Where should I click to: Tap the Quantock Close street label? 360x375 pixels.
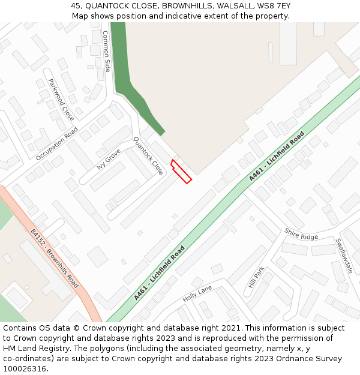[x=148, y=155]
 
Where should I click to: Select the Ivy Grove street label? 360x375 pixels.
[x=109, y=159]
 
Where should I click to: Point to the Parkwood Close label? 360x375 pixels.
[x=61, y=99]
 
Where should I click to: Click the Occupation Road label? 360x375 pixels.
[x=57, y=144]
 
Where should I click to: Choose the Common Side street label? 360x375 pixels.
[x=107, y=51]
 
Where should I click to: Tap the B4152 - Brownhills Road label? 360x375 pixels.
[x=55, y=259]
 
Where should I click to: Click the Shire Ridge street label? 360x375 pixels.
[x=301, y=234]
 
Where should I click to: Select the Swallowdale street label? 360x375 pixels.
[x=344, y=256]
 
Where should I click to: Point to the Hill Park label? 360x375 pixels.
[x=256, y=277]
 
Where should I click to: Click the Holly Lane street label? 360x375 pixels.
[x=197, y=293]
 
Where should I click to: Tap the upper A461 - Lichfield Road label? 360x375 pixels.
[x=277, y=156]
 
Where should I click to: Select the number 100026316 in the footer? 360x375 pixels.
[x=25, y=369]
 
